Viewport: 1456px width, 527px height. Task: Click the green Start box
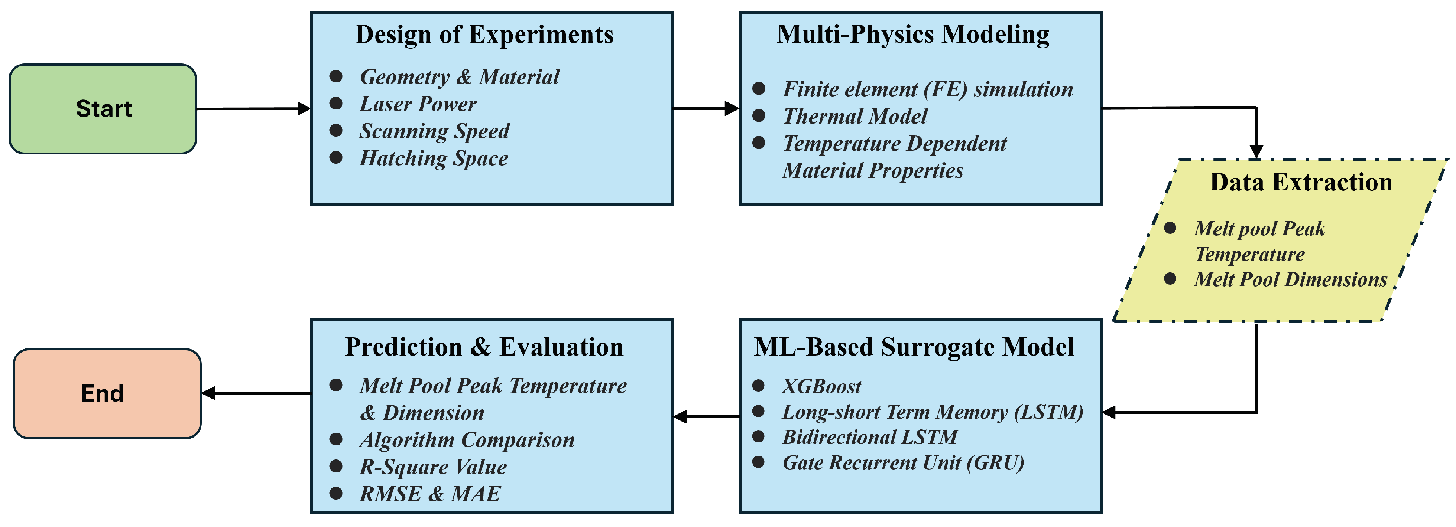103,108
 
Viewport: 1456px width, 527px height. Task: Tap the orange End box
107,393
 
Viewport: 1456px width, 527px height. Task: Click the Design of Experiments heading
484,35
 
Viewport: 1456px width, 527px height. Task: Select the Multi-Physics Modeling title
913,35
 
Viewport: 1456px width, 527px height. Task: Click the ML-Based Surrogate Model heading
914,347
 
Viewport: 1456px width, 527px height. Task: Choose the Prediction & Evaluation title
484,347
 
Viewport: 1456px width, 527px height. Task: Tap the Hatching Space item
434,158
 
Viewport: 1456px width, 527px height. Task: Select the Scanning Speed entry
434,131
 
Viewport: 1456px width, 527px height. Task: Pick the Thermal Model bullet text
855,117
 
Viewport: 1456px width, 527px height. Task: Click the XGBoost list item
822,386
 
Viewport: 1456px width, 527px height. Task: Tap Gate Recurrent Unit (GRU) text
903,462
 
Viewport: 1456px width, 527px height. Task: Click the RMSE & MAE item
429,494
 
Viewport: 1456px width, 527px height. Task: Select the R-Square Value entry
433,467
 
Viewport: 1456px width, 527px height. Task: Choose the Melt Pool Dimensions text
1290,279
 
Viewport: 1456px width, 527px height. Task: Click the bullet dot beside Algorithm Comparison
336,439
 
